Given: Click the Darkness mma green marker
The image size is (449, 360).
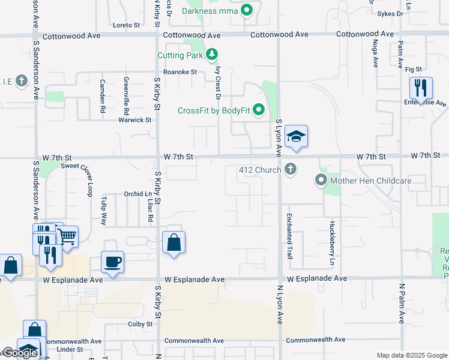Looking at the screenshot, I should pyautogui.click(x=246, y=10).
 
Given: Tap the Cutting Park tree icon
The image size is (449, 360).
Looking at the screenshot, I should pyautogui.click(x=211, y=55).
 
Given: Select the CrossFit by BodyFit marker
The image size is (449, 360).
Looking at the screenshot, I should pyautogui.click(x=259, y=110).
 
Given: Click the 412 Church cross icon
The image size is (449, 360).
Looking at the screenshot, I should pyautogui.click(x=291, y=169).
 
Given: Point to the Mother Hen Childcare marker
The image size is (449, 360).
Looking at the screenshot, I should pyautogui.click(x=321, y=180).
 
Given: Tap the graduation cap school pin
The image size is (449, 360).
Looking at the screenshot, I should pyautogui.click(x=296, y=137).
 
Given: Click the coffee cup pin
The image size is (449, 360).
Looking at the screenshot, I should pyautogui.click(x=112, y=262).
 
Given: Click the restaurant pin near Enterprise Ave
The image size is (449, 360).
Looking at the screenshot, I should pyautogui.click(x=421, y=88).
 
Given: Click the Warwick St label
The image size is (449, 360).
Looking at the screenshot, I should pyautogui.click(x=134, y=119).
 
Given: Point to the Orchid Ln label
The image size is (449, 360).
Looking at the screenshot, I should pyautogui.click(x=138, y=194).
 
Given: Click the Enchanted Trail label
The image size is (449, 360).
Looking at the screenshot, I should pyautogui.click(x=289, y=236).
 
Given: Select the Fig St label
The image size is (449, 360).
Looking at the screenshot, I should pyautogui.click(x=414, y=70).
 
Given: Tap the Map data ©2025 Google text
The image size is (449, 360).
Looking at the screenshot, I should pyautogui.click(x=411, y=355).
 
